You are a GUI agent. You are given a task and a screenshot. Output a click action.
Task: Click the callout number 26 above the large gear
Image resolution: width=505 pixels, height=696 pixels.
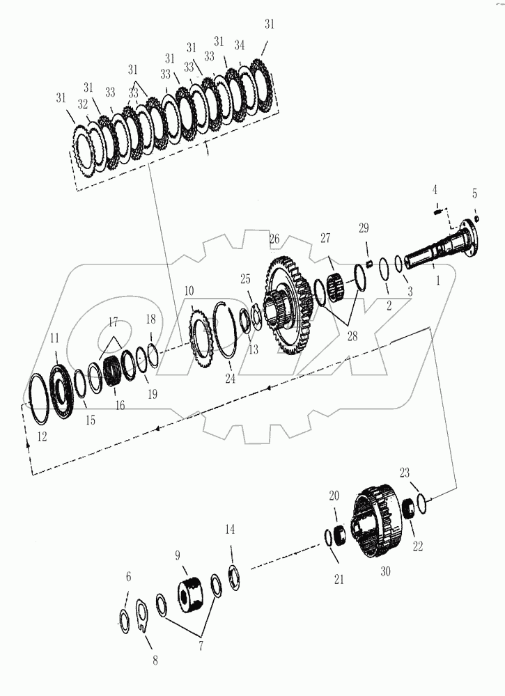coord(274,239)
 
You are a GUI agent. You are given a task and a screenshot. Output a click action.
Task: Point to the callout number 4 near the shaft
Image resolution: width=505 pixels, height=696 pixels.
coord(435,190)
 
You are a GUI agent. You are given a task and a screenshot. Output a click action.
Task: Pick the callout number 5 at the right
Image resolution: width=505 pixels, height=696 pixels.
coord(474,193)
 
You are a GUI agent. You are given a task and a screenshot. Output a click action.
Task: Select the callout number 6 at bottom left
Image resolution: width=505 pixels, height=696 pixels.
coord(127,577)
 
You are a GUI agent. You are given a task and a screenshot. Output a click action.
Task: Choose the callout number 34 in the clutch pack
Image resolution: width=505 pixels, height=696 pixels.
coord(240,45)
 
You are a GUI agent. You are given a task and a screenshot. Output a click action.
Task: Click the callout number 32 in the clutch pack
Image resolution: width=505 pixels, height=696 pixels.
coord(83,105)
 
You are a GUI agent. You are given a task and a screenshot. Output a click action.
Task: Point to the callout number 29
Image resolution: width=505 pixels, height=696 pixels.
coord(363,228)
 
